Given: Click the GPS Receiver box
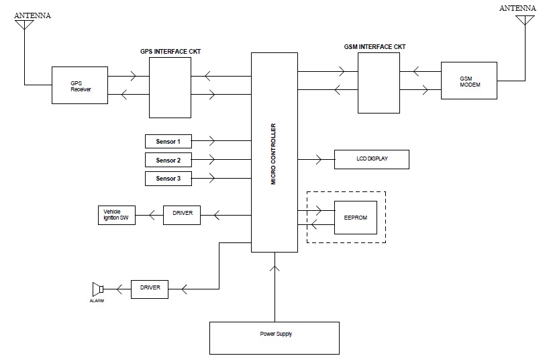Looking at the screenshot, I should coord(81,85).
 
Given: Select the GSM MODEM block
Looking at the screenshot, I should coord(469,81).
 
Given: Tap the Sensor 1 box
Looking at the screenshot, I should coord(168,141).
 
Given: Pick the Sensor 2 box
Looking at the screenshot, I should coord(168,160).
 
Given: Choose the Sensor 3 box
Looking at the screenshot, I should coord(168,179).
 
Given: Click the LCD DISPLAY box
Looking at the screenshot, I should coord(371,159).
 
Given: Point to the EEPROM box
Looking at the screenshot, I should coord(356,217).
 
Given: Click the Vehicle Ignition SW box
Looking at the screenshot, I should coord(116,214).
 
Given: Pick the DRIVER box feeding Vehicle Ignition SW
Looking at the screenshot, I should coord(183,214).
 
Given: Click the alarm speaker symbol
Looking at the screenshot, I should coord(97,289).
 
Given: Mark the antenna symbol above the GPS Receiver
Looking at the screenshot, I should coord(24,25).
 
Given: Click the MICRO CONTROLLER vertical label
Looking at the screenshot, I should coord(273,154).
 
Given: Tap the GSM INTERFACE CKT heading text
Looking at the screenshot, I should coord(374,47).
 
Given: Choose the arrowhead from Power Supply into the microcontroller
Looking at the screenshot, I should coord(275,268).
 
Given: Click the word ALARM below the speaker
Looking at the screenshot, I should coord(97,302).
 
